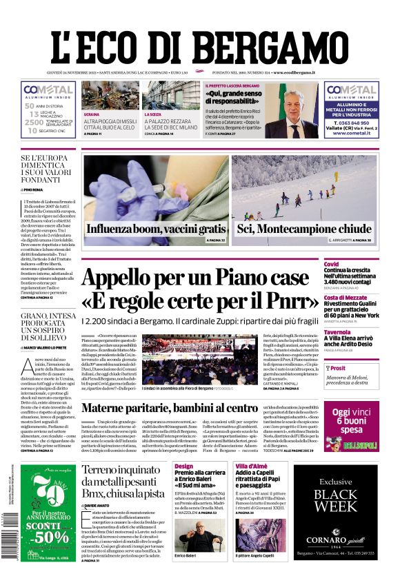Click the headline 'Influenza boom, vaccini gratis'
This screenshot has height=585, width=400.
point(155,229)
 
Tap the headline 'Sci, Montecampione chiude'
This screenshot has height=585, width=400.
point(304,229)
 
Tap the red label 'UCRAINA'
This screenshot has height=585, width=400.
point(91,114)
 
